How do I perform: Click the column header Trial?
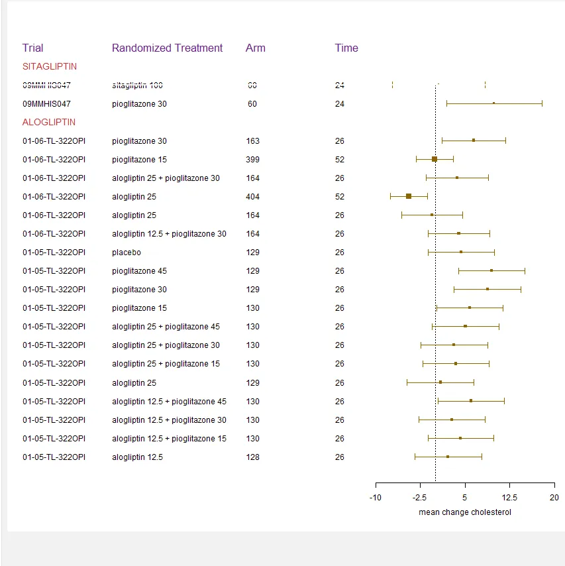point(33,48)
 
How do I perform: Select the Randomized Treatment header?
point(167,48)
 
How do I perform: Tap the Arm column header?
point(255,48)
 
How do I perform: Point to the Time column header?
point(346,48)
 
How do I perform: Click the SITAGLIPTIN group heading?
point(50,67)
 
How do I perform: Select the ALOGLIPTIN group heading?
point(49,123)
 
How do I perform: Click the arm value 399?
point(252,160)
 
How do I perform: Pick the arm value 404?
point(252,197)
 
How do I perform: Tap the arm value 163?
point(252,141)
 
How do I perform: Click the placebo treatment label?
point(127,253)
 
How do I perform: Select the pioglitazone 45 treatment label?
point(139,271)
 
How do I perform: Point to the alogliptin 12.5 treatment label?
point(137,457)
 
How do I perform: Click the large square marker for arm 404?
point(409,196)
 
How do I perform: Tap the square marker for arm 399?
point(435,159)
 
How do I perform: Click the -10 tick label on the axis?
point(376,498)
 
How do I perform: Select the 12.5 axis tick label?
point(509,498)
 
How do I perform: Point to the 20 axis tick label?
point(554,498)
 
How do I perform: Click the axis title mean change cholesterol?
point(465,512)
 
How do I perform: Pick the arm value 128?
point(252,457)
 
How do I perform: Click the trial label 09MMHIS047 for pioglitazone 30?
point(46,104)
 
